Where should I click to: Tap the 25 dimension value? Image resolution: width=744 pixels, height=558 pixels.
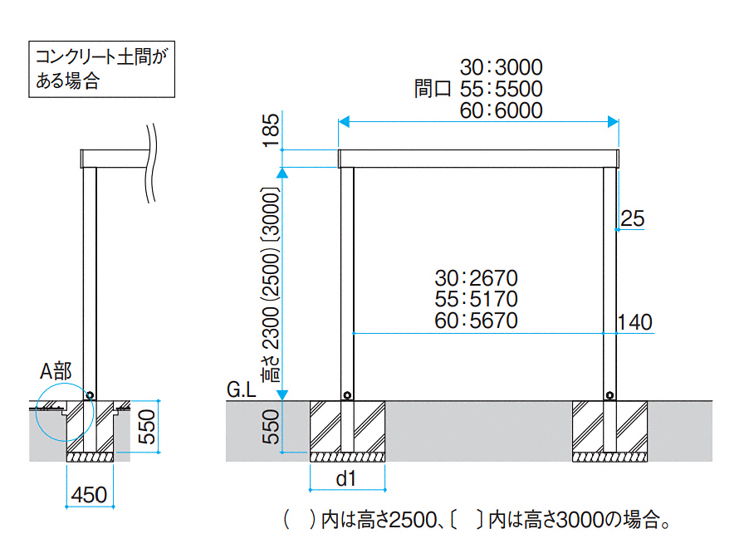click(632, 218)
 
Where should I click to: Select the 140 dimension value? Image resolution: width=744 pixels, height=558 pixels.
click(635, 322)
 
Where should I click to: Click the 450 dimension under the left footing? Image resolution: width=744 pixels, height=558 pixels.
click(89, 495)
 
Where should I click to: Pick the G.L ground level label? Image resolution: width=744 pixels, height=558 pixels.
click(242, 389)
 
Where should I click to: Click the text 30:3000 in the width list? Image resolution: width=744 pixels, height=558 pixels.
click(501, 67)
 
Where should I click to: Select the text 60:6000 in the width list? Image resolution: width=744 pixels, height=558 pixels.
click(501, 110)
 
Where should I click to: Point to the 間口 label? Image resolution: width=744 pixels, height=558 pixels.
click(432, 89)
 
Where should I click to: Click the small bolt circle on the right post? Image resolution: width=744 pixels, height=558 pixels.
click(610, 395)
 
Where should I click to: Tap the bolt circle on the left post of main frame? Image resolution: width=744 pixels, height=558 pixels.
click(347, 395)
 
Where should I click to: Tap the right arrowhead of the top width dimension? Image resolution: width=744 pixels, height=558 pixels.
click(614, 122)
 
